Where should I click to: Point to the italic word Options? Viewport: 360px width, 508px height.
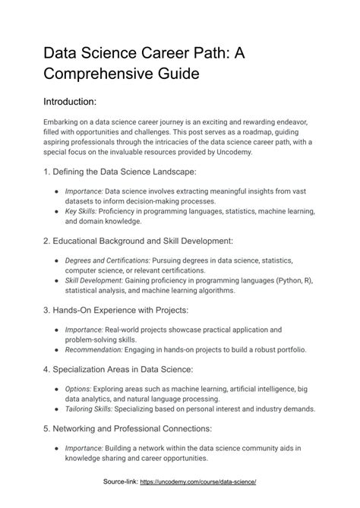tap(78, 388)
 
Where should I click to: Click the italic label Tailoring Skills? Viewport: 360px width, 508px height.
tap(91, 408)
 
